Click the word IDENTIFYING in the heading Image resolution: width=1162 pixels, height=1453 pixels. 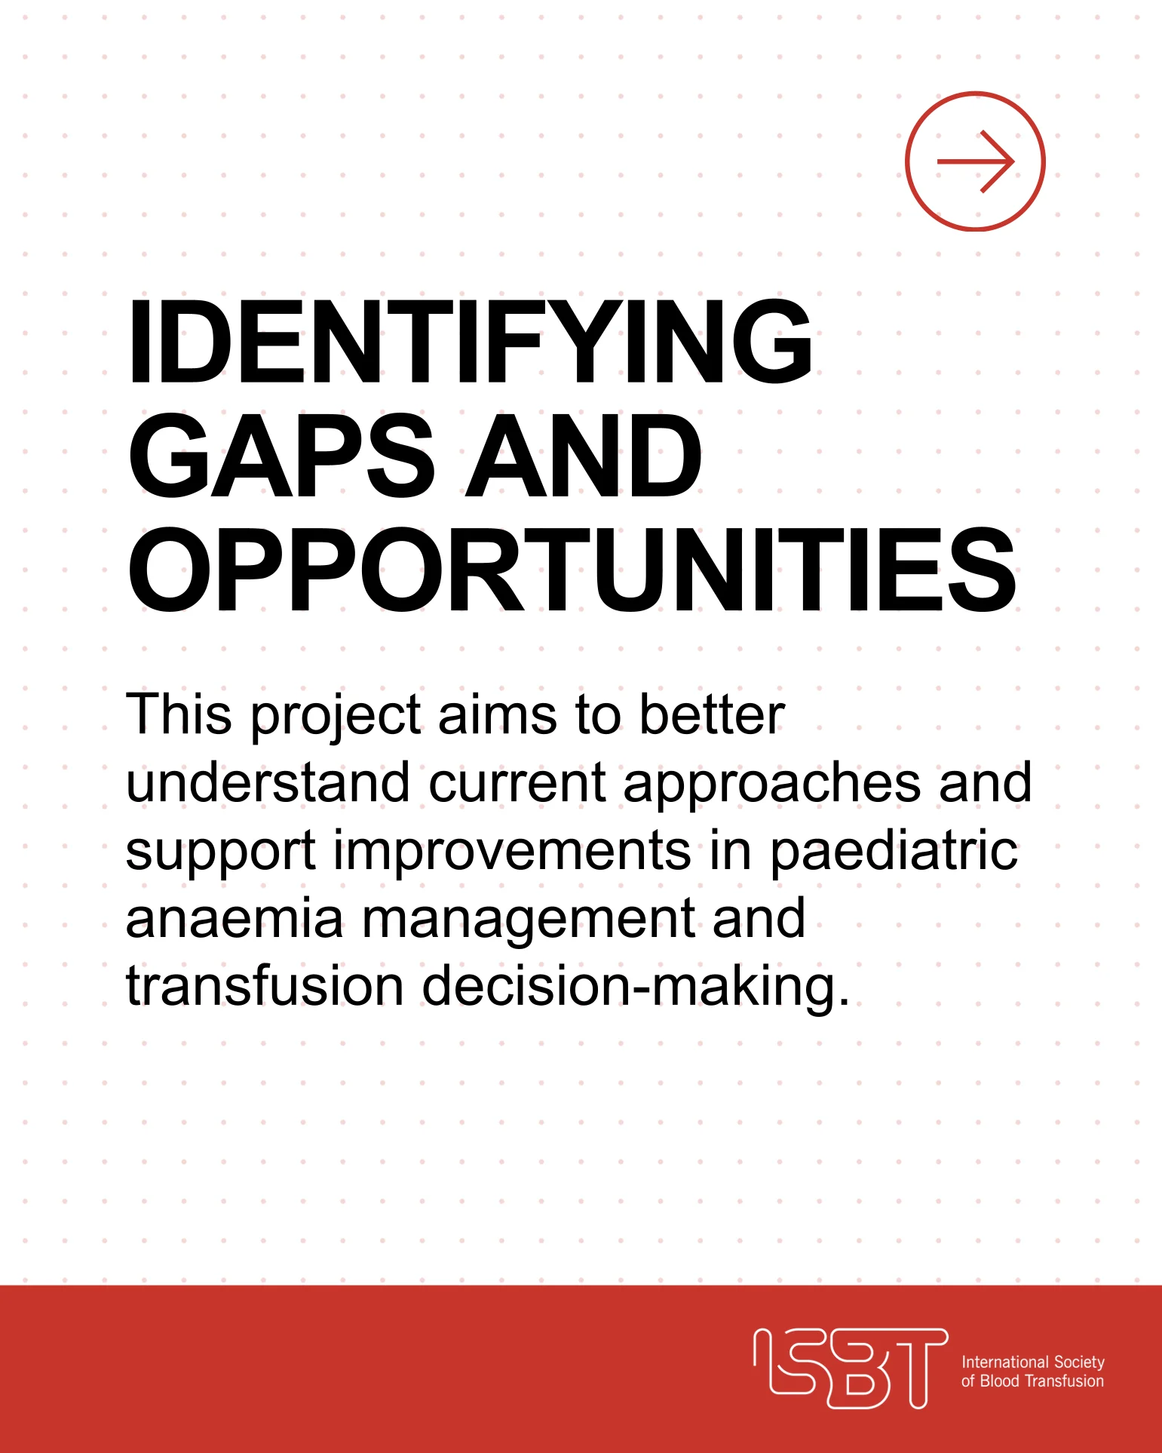471,342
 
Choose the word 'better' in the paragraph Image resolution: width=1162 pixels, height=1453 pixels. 712,714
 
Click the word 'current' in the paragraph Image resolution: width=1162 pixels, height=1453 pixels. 517,783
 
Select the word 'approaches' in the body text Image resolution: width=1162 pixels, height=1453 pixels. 772,785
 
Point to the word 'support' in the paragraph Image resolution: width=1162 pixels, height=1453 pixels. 220,852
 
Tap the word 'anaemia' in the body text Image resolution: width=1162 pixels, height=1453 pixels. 235,919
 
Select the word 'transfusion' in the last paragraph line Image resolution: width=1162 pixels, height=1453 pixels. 265,986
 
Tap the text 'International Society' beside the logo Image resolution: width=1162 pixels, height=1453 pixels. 1032,1362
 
